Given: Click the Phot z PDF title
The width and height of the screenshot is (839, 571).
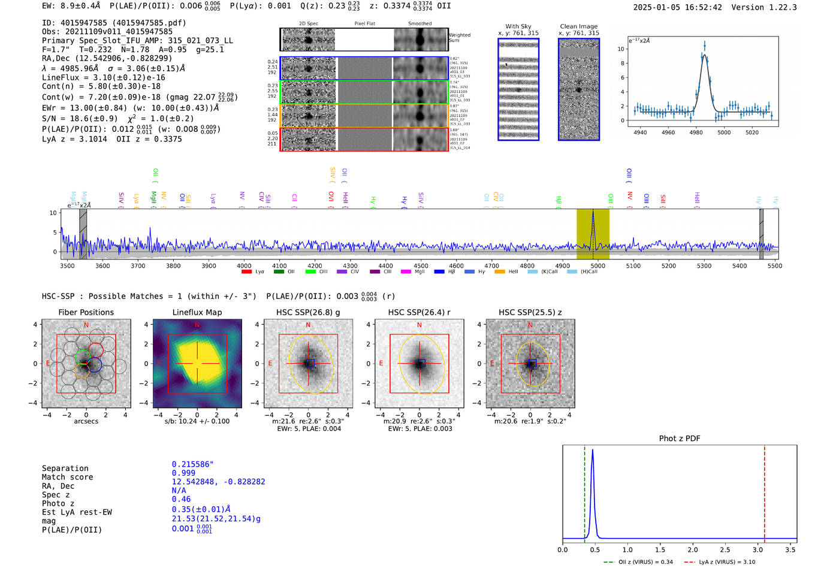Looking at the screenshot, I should pos(680,439).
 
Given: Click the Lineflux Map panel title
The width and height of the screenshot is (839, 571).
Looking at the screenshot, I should pos(197,312).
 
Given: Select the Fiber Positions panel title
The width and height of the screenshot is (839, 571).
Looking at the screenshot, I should pos(86,312).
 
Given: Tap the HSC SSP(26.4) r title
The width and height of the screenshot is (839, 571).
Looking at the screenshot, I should pos(419,312).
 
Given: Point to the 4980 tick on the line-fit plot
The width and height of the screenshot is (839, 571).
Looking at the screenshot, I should pos(696,132).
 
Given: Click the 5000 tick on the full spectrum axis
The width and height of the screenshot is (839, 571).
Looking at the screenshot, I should pos(597,265).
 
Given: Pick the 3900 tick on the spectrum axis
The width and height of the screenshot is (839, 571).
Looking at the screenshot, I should pos(209,265).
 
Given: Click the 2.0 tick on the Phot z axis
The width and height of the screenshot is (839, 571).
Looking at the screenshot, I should pos(693,549).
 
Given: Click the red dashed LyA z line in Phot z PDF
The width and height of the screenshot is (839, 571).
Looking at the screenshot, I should pos(765,491).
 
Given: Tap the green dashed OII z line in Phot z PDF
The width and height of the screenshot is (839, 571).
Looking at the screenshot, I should pos(584,491).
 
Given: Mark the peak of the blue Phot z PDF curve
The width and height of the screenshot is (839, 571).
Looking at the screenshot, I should pos(593,450).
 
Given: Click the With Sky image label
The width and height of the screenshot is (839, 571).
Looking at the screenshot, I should pos(518,26).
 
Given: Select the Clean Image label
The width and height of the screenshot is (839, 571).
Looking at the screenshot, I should pos(579,26).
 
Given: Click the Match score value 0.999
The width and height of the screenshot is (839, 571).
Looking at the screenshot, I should pos(183,473).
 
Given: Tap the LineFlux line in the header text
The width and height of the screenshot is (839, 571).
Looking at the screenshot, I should pos(103,77).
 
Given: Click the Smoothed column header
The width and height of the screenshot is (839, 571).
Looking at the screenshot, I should pos(420,24).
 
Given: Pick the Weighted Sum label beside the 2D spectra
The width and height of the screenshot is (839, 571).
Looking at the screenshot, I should pos(460,38).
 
